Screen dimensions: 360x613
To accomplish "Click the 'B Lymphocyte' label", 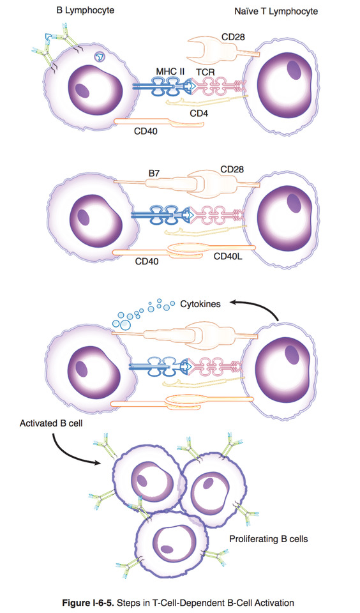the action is point(85,10).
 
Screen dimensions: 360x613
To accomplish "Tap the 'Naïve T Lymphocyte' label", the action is point(276,11).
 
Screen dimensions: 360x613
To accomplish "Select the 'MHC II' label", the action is point(170,72).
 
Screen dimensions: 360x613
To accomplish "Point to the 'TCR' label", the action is point(206,72).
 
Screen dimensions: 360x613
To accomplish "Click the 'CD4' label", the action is point(199,114).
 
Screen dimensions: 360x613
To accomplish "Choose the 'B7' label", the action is point(154,173).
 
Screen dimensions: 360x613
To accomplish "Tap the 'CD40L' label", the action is point(229,257).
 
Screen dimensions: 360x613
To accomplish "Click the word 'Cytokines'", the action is point(200,304).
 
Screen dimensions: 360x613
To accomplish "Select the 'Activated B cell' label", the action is point(51,423).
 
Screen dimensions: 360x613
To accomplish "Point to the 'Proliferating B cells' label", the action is point(269,539).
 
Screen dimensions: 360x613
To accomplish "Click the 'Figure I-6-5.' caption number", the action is point(86,603).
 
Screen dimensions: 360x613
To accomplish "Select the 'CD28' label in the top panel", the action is point(233,37).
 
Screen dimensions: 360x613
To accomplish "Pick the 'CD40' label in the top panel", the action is point(146,131).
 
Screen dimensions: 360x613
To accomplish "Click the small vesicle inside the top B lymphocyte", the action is point(100,57).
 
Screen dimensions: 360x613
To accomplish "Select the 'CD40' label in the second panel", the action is point(147,261).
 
